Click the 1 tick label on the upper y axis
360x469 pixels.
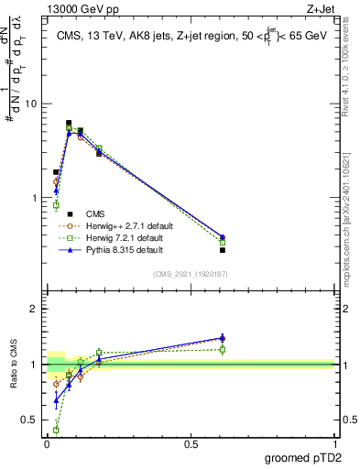34,198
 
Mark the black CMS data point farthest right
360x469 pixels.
223,250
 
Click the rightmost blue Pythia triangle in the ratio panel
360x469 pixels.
223,338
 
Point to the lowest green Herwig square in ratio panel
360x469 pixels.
56,430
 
